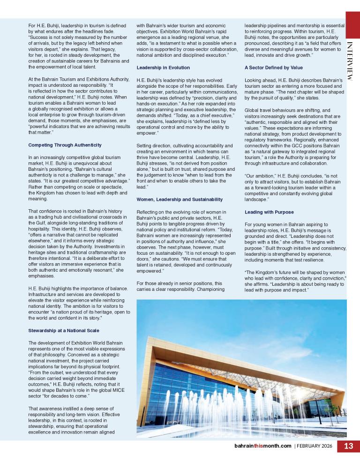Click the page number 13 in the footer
click(348, 446)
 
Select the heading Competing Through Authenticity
click(65, 145)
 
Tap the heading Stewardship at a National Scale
click(64, 330)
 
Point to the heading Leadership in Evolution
click(163, 68)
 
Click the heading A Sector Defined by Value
click(274, 68)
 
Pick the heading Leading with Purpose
click(269, 212)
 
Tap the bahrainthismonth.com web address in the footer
click(262, 446)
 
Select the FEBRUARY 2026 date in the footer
click(315, 446)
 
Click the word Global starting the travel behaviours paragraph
click(252, 110)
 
